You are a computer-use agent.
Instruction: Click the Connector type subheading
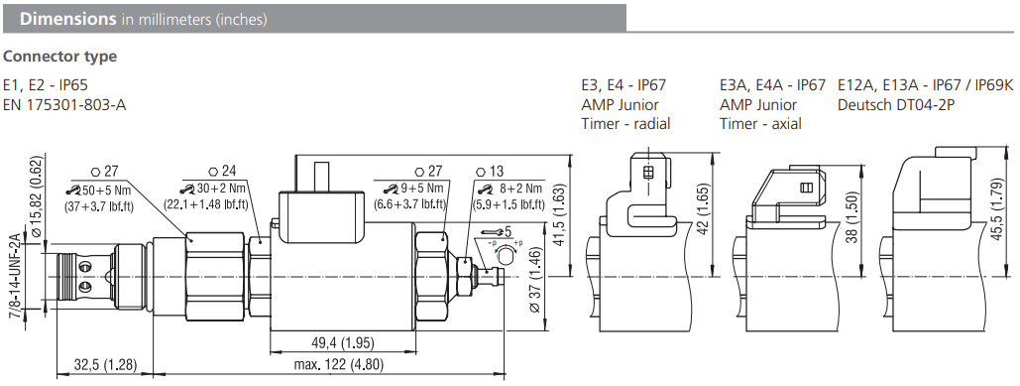pyautogui.click(x=60, y=57)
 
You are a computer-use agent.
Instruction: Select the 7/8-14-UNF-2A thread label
pyautogui.click(x=14, y=275)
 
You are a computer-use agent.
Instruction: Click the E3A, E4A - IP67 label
pyautogui.click(x=772, y=85)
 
